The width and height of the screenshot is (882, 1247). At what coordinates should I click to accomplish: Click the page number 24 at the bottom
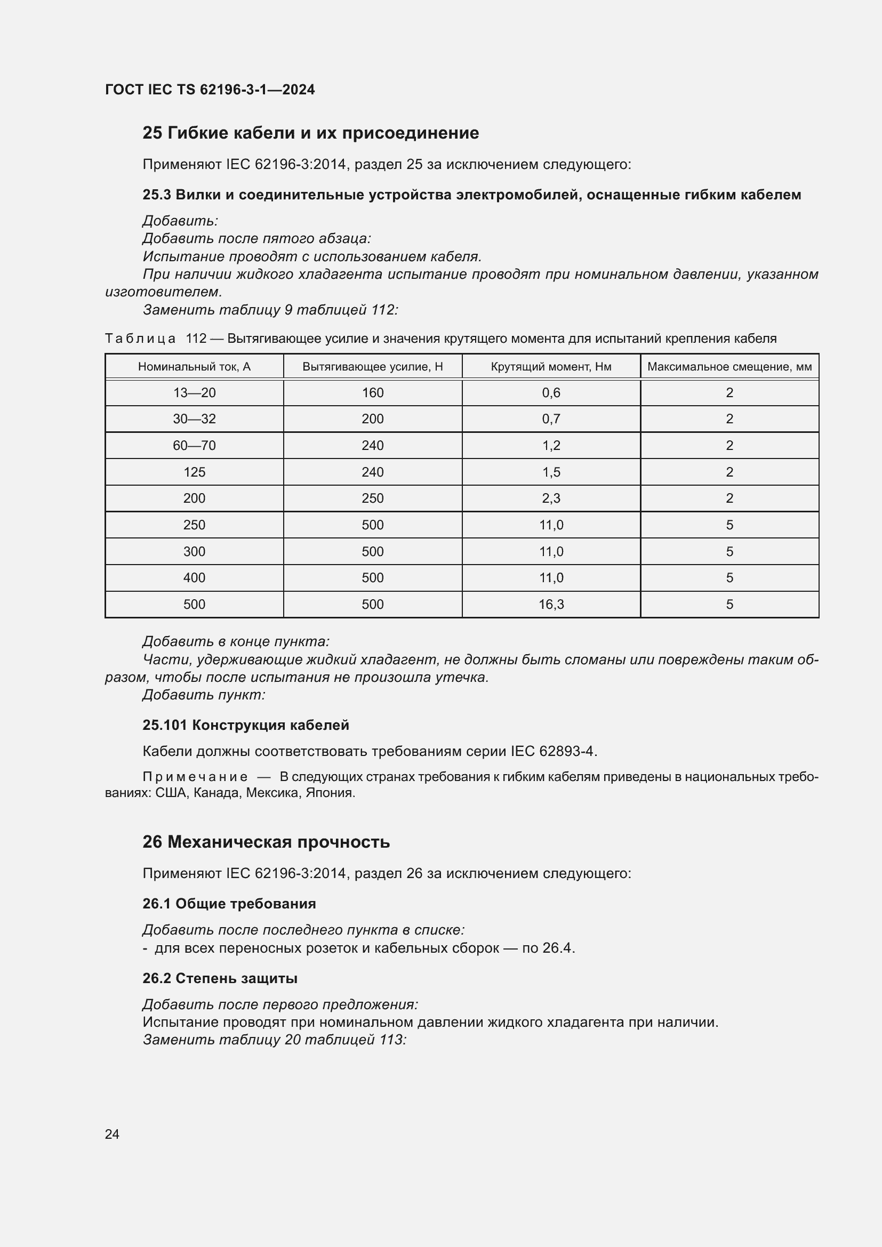click(x=112, y=1134)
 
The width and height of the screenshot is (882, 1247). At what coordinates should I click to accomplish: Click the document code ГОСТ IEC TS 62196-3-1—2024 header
click(x=210, y=90)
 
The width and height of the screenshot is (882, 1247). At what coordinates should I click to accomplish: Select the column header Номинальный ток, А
click(x=194, y=367)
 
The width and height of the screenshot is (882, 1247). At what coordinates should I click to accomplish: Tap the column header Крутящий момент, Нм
click(x=551, y=367)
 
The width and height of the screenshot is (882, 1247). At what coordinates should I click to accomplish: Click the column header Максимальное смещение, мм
click(x=729, y=367)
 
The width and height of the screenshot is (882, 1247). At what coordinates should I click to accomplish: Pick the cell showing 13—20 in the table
click(x=194, y=393)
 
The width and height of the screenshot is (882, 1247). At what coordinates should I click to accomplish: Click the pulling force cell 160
click(x=373, y=393)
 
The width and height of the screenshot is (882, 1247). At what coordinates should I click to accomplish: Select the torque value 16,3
click(x=551, y=604)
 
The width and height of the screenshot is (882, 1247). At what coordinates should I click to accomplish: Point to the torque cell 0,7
click(x=551, y=419)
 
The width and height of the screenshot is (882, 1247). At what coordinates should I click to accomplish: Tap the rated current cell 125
click(x=194, y=472)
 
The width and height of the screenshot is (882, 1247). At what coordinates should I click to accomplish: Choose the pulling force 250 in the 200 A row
click(x=373, y=498)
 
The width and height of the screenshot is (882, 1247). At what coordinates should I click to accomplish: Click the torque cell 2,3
click(x=551, y=498)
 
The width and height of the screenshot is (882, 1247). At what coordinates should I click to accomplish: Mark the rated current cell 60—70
click(x=194, y=445)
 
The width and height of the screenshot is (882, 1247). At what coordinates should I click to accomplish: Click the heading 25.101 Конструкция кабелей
click(x=245, y=725)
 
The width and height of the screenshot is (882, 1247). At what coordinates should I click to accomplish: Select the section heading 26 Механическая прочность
click(x=266, y=842)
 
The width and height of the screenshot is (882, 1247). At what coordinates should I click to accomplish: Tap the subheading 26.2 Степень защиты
click(x=220, y=978)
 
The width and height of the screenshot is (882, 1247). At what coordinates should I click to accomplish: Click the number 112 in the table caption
click(x=196, y=339)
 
